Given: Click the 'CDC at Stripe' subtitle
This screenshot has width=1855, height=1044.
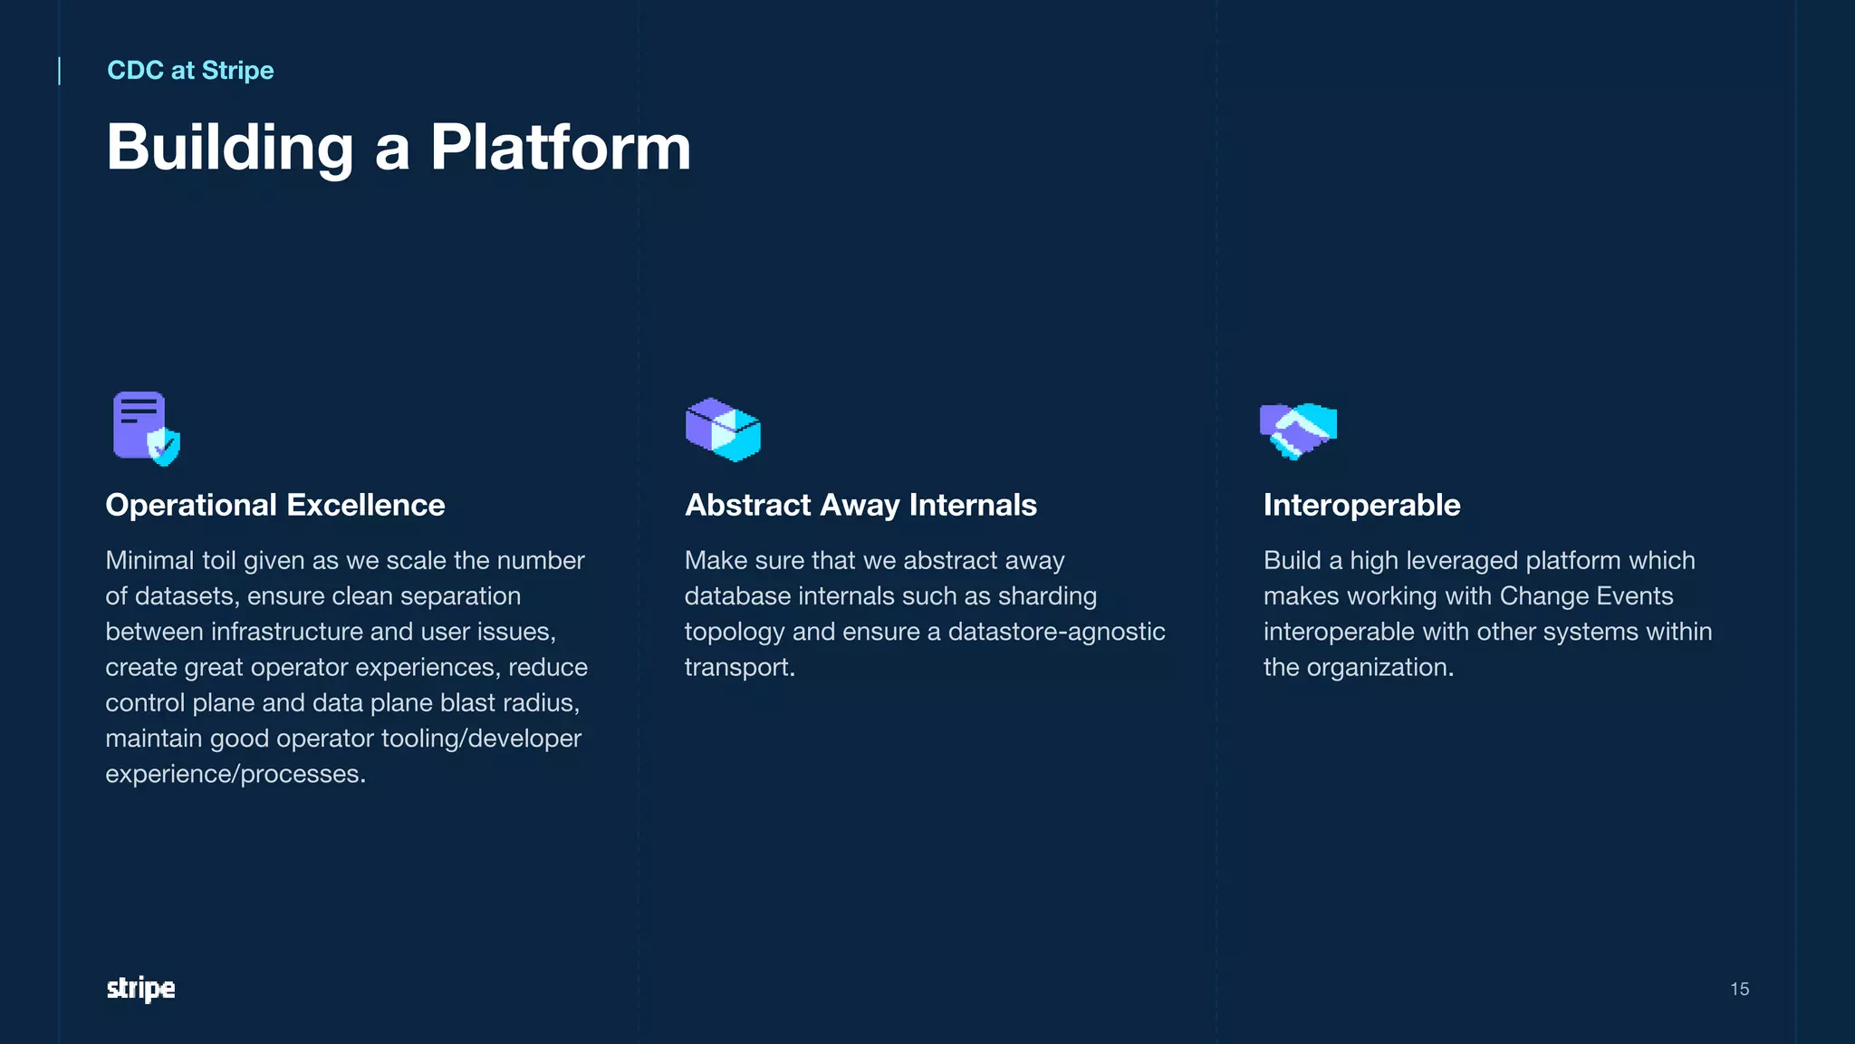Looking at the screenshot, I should (190, 71).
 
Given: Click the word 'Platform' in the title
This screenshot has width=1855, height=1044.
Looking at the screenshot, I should (560, 147).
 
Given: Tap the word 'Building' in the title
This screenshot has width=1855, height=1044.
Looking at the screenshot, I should (230, 147).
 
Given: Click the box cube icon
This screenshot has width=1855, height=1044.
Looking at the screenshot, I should (723, 430).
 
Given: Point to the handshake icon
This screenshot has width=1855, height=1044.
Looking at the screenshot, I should (1298, 430).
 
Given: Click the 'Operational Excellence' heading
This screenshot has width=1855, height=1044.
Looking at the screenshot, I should (275, 505).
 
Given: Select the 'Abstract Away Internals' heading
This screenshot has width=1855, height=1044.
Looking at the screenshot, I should (860, 505).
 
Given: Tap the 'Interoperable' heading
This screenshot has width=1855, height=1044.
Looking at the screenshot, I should (1361, 505).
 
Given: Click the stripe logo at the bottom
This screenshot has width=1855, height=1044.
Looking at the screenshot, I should (140, 989).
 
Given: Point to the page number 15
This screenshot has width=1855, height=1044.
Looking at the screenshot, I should (1739, 990).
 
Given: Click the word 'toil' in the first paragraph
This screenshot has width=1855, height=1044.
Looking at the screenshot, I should (218, 561).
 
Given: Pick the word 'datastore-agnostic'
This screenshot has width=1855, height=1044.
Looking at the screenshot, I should (1056, 632).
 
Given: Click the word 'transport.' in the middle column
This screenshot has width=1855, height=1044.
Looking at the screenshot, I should (739, 668).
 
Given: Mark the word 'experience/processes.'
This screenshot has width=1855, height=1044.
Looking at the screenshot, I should (235, 774).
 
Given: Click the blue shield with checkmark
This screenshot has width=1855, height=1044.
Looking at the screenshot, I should (164, 447).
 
